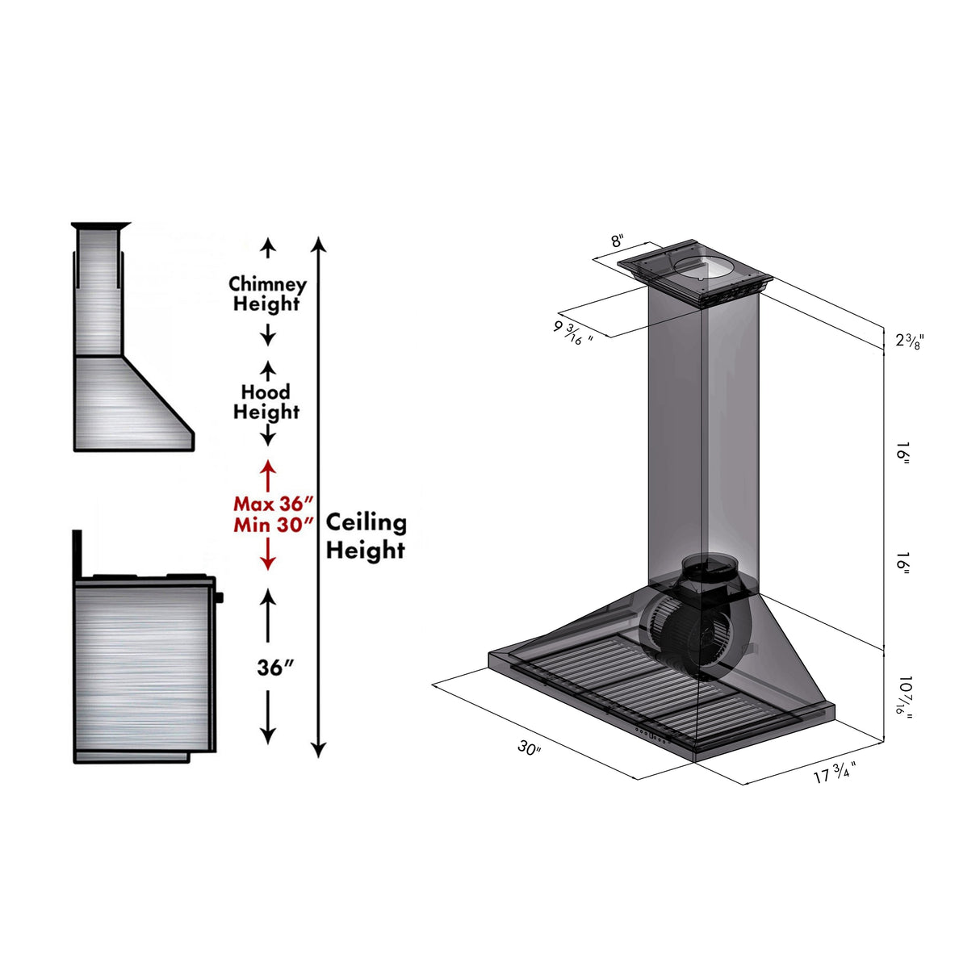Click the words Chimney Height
pyautogui.click(x=267, y=294)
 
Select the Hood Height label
pyautogui.click(x=266, y=402)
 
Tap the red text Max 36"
pyautogui.click(x=273, y=504)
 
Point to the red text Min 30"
pyautogui.click(x=273, y=525)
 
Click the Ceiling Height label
pyautogui.click(x=366, y=536)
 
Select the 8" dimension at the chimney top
pyautogui.click(x=617, y=241)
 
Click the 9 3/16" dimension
pyautogui.click(x=573, y=332)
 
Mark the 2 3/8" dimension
pyautogui.click(x=909, y=341)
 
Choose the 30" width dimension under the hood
pyautogui.click(x=529, y=748)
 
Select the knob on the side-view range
pyautogui.click(x=219, y=597)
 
